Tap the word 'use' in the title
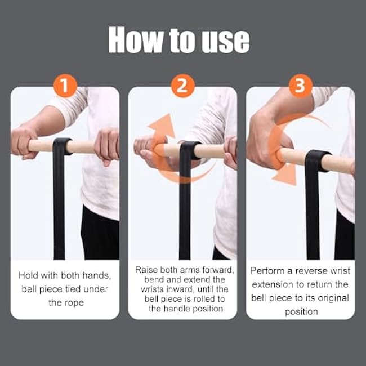[224, 40]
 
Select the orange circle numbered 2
[182, 86]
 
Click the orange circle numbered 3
[300, 86]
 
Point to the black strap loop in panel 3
[316, 160]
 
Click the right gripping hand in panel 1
[106, 145]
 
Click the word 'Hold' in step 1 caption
[29, 275]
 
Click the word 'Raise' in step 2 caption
[147, 270]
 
